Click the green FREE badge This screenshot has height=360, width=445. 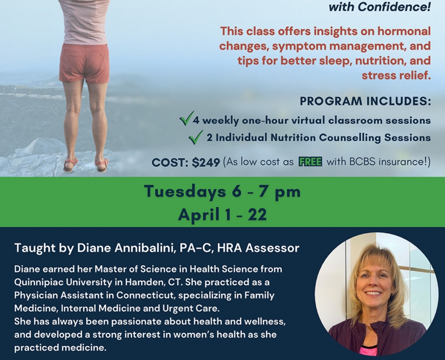click(310, 162)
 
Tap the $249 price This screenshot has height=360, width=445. click(206, 163)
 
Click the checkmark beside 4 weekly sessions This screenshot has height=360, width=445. click(187, 118)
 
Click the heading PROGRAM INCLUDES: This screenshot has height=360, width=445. click(365, 101)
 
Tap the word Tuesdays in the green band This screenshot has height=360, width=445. click(185, 192)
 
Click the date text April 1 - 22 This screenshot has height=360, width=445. click(222, 214)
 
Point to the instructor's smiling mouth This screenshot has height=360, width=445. click(373, 293)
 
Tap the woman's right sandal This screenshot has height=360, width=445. click(102, 165)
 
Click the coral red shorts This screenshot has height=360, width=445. click(85, 63)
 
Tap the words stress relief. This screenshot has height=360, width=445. click(396, 75)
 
